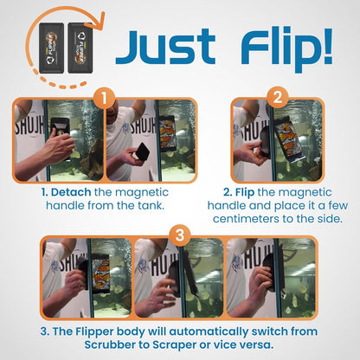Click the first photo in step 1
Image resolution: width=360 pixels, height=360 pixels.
tap(57, 140)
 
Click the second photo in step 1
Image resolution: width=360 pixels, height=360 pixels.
tap(150, 140)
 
